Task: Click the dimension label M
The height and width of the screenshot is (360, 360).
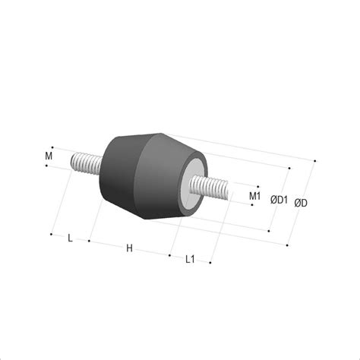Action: tap(49, 156)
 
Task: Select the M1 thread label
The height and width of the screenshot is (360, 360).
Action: tap(254, 196)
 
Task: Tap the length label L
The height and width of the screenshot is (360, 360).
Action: tap(71, 238)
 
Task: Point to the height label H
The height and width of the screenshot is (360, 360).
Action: tap(129, 248)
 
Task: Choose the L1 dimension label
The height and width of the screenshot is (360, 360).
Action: tap(190, 259)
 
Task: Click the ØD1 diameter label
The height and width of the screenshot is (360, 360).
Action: tap(279, 200)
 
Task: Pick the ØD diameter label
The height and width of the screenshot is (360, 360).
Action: tap(301, 203)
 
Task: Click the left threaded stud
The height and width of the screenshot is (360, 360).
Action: tap(87, 163)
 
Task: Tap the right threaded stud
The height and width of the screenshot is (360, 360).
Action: tap(209, 188)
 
